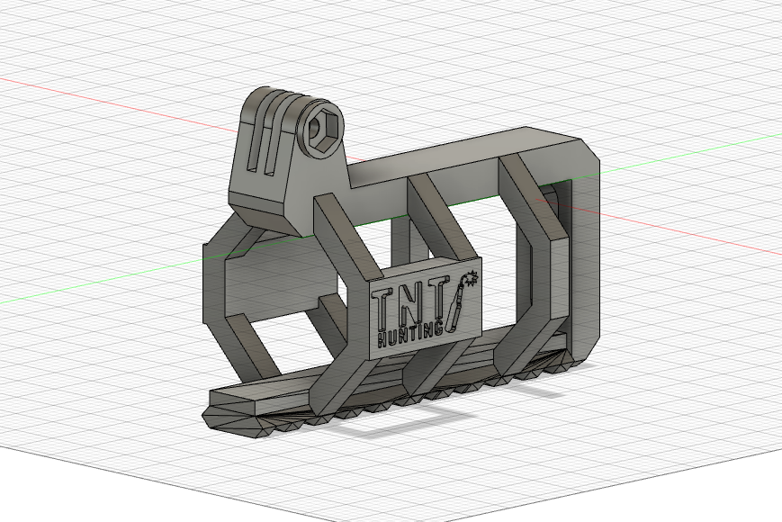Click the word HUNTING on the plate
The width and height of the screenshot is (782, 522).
click(410, 335)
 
